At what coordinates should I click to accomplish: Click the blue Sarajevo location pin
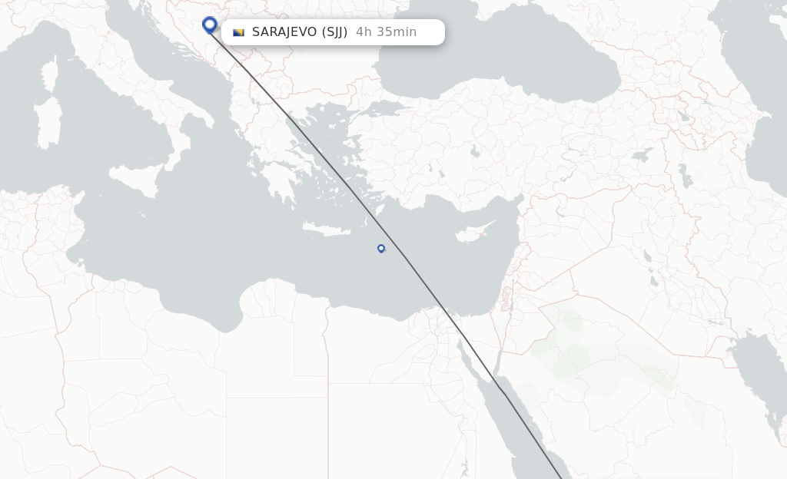click(209, 25)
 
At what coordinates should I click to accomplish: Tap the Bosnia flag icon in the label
click(238, 32)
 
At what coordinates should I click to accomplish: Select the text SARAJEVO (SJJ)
click(300, 32)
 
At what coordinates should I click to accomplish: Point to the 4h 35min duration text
click(386, 32)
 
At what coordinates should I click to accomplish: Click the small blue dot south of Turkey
click(380, 248)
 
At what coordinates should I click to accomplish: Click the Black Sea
click(500, 54)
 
